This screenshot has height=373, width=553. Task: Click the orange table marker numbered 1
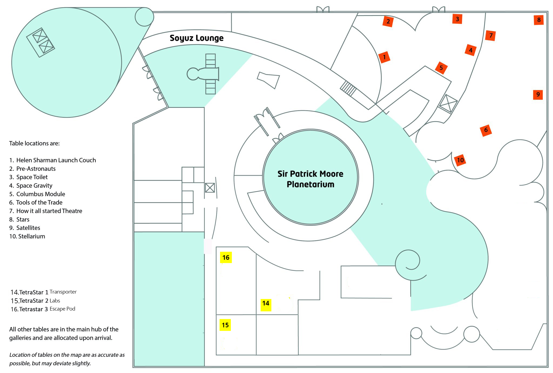pos(384,57)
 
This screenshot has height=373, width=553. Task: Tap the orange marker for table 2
pos(388,21)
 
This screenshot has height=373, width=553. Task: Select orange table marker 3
pos(457,19)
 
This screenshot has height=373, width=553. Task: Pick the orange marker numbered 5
pos(441,68)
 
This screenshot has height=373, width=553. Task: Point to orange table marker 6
pos(486,130)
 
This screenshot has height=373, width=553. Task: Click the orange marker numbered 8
pos(539,20)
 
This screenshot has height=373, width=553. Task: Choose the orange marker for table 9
pos(538,94)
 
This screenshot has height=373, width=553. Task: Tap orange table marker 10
pos(460,160)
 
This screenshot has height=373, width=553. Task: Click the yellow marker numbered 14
pos(266,304)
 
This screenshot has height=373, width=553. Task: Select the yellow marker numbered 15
pos(225,325)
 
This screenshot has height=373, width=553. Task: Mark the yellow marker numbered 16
pos(226,258)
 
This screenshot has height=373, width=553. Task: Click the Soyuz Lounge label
pos(197,38)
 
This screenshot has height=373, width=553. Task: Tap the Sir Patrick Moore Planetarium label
pos(310,179)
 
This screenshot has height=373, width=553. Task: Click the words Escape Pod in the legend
pos(62,309)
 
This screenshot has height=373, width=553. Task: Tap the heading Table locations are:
pos(34,143)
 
